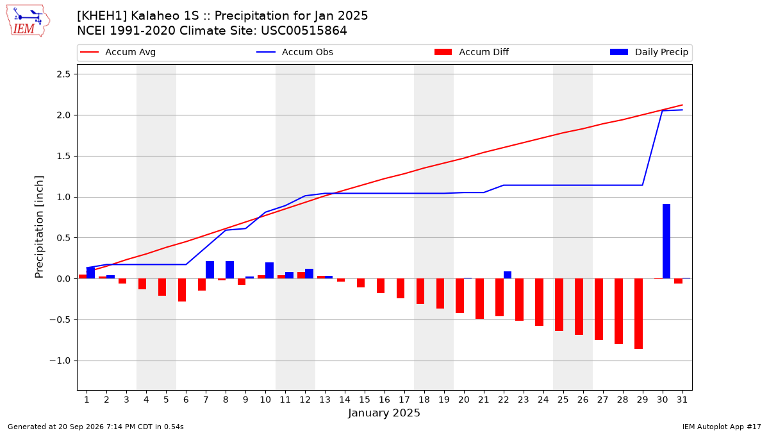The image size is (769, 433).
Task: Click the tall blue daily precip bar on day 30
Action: coord(666,241)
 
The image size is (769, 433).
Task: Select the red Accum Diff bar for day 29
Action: coord(638,314)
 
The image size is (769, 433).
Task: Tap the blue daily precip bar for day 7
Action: coord(210,270)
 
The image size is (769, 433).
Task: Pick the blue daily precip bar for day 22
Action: coord(508,275)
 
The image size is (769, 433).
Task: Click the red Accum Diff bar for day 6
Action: coord(182,290)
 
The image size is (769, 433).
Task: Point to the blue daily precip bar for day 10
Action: coord(270,271)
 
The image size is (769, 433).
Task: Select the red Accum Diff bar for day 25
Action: coord(559,305)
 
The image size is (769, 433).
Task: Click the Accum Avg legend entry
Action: coord(118,52)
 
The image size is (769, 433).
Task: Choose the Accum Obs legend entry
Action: coord(295,52)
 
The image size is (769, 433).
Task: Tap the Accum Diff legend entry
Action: coord(472,52)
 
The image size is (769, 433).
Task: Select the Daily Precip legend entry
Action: coord(649,52)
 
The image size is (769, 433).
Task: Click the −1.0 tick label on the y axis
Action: coord(60,361)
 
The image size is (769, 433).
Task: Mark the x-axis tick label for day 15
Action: coord(365,400)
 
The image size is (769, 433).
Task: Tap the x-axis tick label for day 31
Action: coord(682,400)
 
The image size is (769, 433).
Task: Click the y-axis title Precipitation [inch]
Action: coord(39,227)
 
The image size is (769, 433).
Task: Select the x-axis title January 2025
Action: coord(384,412)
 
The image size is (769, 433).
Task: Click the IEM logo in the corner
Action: coord(28,21)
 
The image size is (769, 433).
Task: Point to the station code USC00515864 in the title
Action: coord(304,31)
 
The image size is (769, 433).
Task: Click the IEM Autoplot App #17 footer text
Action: coord(722,427)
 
